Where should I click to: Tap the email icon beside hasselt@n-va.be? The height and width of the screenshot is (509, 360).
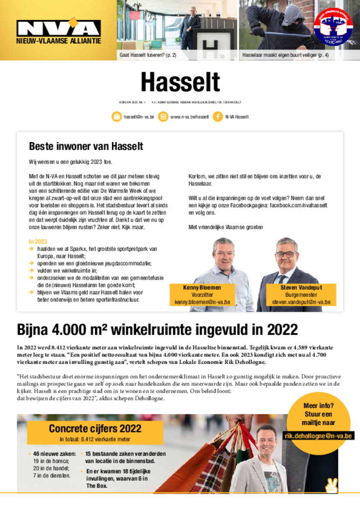coord(117,117)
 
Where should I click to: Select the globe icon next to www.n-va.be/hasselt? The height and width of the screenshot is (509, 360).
coord(163,117)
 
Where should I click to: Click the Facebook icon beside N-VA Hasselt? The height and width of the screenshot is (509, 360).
coord(218,117)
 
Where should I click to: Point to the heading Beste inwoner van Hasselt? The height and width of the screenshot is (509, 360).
coord(86,146)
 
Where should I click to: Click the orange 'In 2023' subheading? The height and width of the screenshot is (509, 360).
coord(38,242)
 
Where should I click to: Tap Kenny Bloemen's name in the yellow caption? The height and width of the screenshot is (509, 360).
coord(202,288)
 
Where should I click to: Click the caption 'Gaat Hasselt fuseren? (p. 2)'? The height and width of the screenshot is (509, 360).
coord(148,55)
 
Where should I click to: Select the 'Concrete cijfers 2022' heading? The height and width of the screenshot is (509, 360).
coord(95,428)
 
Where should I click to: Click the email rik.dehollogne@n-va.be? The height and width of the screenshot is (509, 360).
coord(319,436)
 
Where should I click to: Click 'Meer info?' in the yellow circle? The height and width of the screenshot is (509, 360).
coord(318,406)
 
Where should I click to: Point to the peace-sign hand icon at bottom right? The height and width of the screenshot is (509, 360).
coord(331,485)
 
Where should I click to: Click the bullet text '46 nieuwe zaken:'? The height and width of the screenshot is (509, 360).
coord(54,454)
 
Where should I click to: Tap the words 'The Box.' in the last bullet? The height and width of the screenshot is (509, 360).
coord(97,485)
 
